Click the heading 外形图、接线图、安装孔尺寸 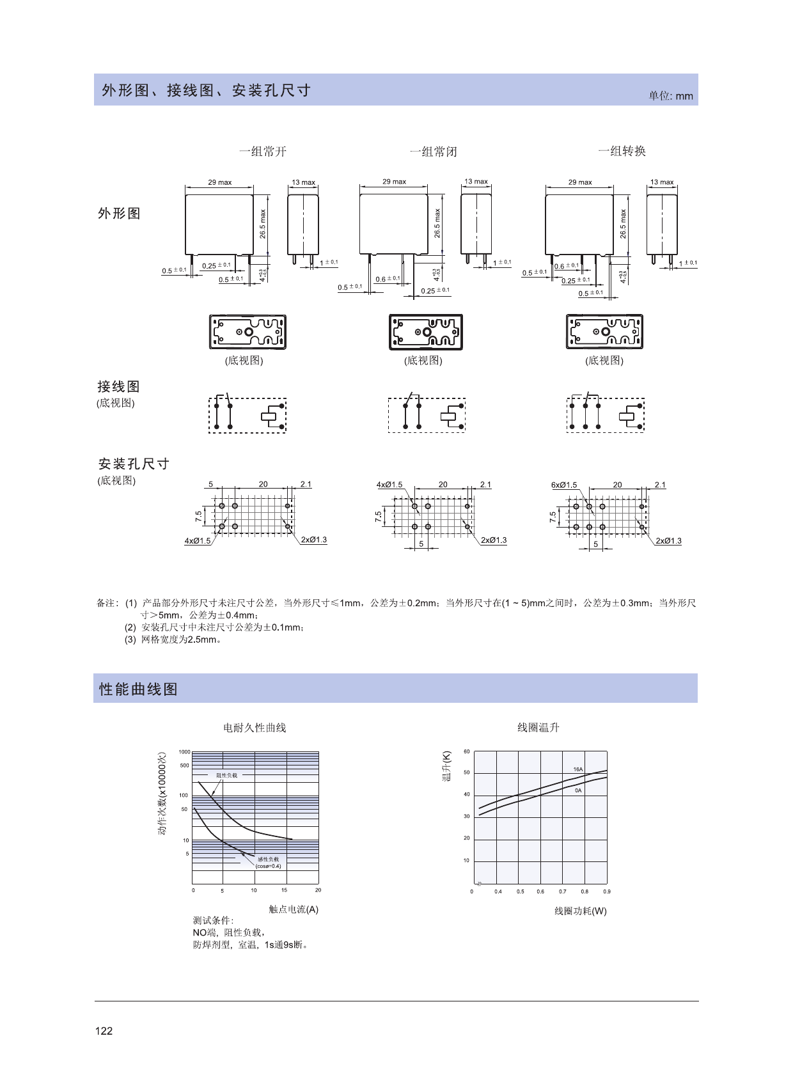(206, 90)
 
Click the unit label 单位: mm (670, 96)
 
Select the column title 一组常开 (263, 152)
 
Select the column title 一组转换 (622, 151)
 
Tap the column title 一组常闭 (433, 152)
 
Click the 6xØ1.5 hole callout (563, 485)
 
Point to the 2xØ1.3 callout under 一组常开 (313, 540)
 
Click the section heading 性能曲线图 (138, 689)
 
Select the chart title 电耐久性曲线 (255, 728)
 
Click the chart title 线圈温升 (538, 727)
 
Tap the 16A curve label (577, 769)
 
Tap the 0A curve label (577, 790)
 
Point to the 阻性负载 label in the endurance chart (226, 775)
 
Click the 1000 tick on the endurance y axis (184, 752)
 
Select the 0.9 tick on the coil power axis (606, 891)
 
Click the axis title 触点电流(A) (294, 909)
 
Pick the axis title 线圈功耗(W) (580, 911)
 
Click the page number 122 (104, 1030)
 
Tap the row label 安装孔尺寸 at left (134, 464)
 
